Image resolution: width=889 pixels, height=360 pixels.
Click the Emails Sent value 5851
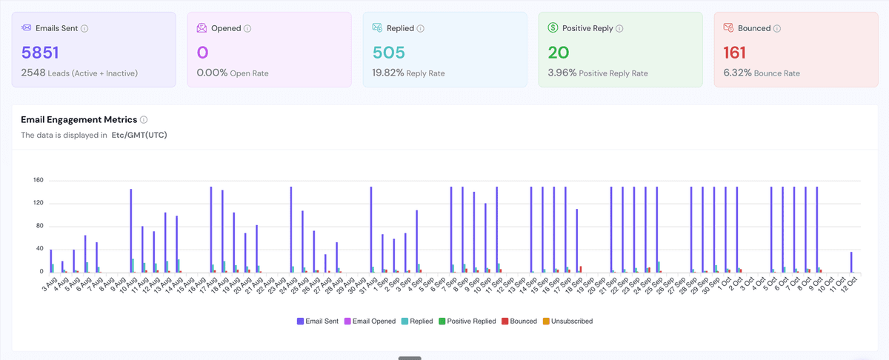click(40, 53)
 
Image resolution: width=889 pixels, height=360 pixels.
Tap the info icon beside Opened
click(247, 29)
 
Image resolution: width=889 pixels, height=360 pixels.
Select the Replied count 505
click(388, 53)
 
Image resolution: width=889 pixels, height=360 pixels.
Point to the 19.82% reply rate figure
click(387, 73)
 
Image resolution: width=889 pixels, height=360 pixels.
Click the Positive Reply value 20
click(559, 53)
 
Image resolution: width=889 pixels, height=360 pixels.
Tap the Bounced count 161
click(734, 53)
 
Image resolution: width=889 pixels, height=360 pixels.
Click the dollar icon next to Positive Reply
click(553, 28)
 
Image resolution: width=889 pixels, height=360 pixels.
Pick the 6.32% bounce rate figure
click(737, 73)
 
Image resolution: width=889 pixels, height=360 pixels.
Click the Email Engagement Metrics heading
click(79, 119)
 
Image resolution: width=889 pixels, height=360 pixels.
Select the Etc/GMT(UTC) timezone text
click(139, 135)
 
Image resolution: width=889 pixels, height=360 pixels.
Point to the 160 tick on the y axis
click(38, 180)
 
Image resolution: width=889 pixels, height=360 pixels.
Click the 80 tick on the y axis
click(40, 226)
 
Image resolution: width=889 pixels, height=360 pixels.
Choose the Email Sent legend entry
click(318, 321)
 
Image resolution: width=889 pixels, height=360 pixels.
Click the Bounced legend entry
click(519, 321)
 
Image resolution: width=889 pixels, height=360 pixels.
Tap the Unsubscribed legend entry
click(567, 321)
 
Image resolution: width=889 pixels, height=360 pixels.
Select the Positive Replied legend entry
click(467, 321)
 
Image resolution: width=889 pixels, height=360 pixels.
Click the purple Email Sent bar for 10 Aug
click(131, 230)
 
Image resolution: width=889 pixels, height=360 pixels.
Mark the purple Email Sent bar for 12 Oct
click(851, 262)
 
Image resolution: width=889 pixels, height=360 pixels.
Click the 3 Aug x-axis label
click(50, 284)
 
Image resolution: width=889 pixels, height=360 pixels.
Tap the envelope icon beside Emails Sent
click(26, 28)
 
